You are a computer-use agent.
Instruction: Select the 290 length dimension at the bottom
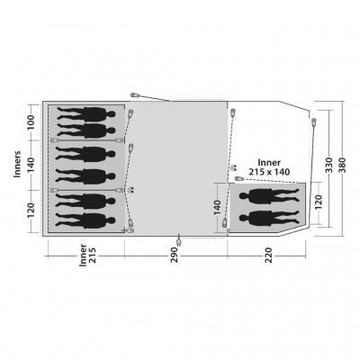[175, 255]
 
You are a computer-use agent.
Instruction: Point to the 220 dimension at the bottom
[268, 255]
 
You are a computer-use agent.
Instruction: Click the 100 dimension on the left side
[31, 122]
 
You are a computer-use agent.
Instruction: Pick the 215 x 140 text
[269, 172]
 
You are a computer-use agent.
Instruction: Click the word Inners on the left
[18, 164]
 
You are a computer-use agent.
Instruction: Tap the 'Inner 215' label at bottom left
[87, 255]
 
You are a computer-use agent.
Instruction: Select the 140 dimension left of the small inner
[218, 207]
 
